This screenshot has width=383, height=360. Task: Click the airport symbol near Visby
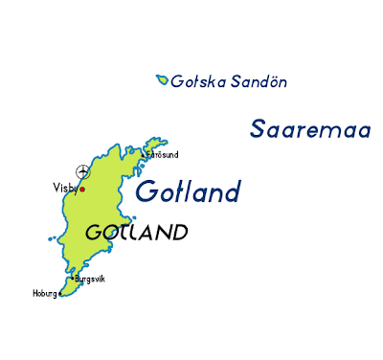[x=82, y=172]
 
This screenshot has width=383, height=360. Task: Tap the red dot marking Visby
[x=82, y=189]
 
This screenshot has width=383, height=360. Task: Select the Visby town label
[x=64, y=189]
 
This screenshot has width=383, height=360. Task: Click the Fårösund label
[x=162, y=154]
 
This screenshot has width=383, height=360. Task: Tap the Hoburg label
[x=44, y=294]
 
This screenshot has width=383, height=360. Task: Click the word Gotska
[x=195, y=82]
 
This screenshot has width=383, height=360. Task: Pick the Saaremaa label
[x=310, y=129]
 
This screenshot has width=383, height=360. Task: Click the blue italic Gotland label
[x=188, y=191]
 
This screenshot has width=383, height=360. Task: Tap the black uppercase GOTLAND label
[x=136, y=233]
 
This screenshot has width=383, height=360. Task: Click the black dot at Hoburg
[x=59, y=294]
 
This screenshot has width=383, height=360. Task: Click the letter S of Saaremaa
[x=259, y=129]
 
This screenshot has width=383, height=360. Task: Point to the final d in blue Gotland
[x=230, y=191]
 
